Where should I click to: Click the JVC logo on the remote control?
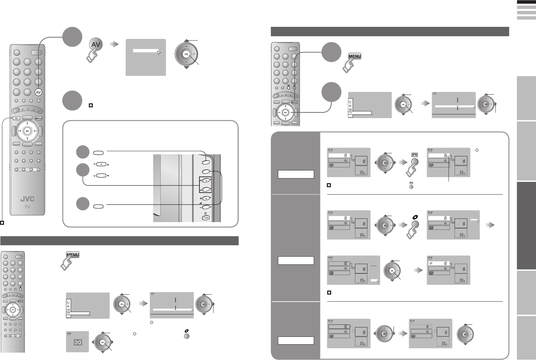pyautogui.click(x=27, y=199)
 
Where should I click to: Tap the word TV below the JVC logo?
pyautogui.click(x=27, y=207)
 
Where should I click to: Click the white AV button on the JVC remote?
pyautogui.click(x=39, y=92)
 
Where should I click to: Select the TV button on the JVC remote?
pyautogui.click(x=16, y=118)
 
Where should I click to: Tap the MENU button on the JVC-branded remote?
pyautogui.click(x=39, y=118)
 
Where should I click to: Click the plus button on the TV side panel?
pyautogui.click(x=205, y=198)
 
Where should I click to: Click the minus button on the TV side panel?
pyautogui.click(x=205, y=207)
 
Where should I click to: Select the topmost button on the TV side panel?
pyautogui.click(x=206, y=162)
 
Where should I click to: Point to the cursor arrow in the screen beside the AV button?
pyautogui.click(x=159, y=52)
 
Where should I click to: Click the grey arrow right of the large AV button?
pyautogui.click(x=115, y=44)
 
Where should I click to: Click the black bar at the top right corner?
pyautogui.click(x=526, y=2)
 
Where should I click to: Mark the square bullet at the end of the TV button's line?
pyautogui.click(x=2, y=222)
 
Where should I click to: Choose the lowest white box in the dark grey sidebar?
pyautogui.click(x=296, y=341)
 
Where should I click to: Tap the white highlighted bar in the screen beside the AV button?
pyautogui.click(x=145, y=51)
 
